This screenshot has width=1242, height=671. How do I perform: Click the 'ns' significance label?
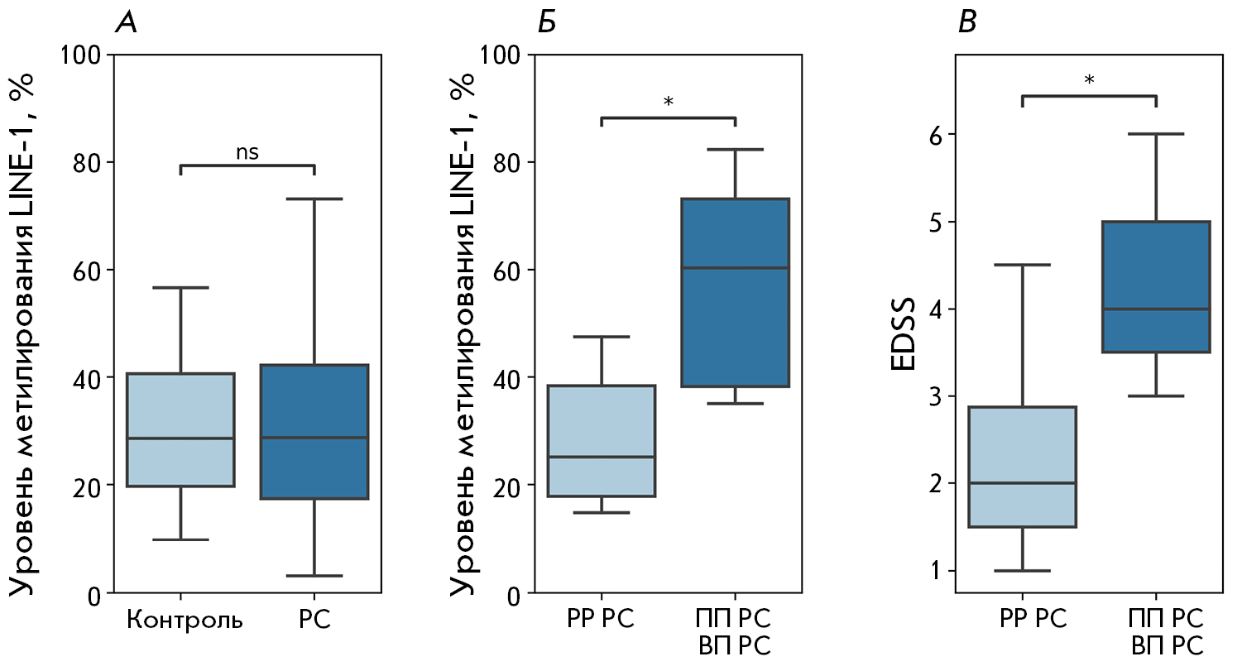(x=247, y=152)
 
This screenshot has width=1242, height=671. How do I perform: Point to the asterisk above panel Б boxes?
(x=668, y=103)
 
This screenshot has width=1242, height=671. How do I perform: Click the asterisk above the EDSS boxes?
(x=1089, y=80)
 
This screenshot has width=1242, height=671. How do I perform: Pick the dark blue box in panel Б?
(x=735, y=331)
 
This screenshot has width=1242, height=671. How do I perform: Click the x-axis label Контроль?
(x=185, y=621)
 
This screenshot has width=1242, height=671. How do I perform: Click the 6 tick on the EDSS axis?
(x=937, y=134)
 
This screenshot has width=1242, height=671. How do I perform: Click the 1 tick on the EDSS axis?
(x=937, y=571)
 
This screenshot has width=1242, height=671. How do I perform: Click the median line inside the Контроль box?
(x=180, y=438)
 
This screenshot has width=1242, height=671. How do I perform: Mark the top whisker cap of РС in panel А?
(x=314, y=199)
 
